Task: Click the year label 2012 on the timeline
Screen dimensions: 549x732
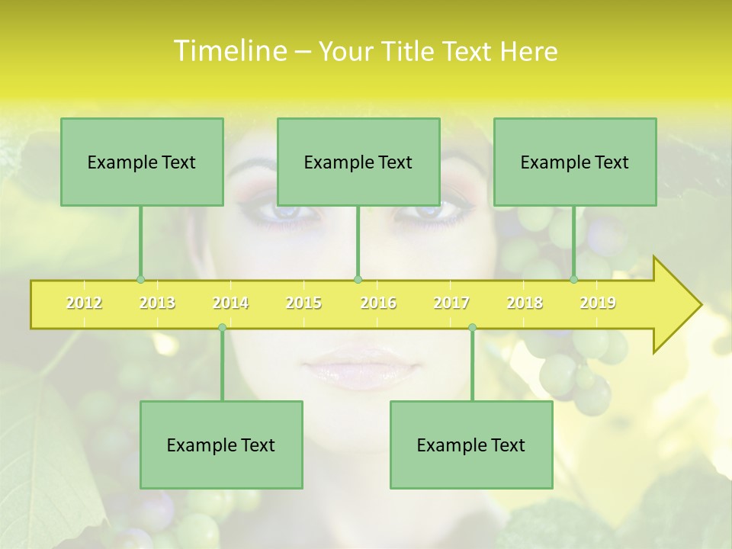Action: coord(84,303)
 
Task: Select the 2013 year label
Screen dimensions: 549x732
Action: coord(157,303)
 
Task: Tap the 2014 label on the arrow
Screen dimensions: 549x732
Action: coord(230,303)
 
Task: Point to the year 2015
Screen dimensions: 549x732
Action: coord(303,303)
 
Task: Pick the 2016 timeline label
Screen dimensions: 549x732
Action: coord(378,303)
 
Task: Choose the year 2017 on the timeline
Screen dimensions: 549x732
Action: coord(451,303)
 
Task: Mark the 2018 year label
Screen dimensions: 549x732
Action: coord(525,303)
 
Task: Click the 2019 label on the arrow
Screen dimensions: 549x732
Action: coord(598,303)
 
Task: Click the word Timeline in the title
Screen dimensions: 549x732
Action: coord(229,51)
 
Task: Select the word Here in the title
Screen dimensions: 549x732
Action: coord(528,52)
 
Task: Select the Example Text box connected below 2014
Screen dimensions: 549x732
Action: coord(221,445)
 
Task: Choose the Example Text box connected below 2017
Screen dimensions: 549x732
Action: coord(471,445)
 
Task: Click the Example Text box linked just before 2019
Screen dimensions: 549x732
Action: coord(575,162)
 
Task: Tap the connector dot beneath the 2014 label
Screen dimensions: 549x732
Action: coord(222,327)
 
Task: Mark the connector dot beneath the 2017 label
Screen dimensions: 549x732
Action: coord(472,327)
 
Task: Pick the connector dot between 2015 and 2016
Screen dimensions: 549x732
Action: coord(358,279)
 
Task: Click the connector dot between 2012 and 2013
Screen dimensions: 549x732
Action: coord(140,279)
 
